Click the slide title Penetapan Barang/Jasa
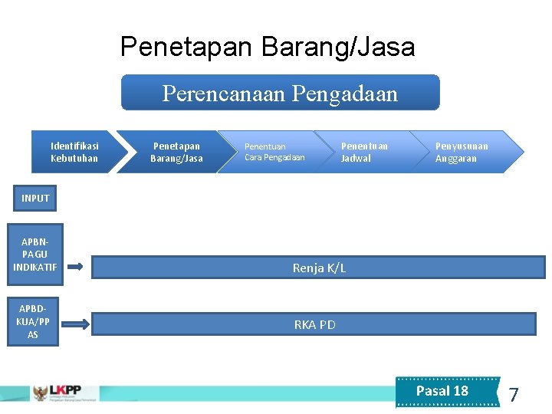tap(268, 48)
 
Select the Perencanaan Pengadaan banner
tap(281, 93)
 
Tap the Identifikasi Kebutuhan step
tap(74, 152)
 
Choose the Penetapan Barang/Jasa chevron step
tap(176, 152)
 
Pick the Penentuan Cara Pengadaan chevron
tap(274, 152)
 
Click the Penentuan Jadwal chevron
tap(364, 152)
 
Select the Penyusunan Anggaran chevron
tap(462, 152)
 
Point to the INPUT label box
tap(35, 199)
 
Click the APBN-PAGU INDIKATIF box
tap(35, 254)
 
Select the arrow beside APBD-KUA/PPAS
tap(75, 324)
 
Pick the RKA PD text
tap(314, 324)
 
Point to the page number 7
tap(514, 395)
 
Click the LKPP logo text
tap(64, 390)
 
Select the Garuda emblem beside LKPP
tap(38, 393)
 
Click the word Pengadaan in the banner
tap(356, 94)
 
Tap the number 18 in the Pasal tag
tap(460, 391)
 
